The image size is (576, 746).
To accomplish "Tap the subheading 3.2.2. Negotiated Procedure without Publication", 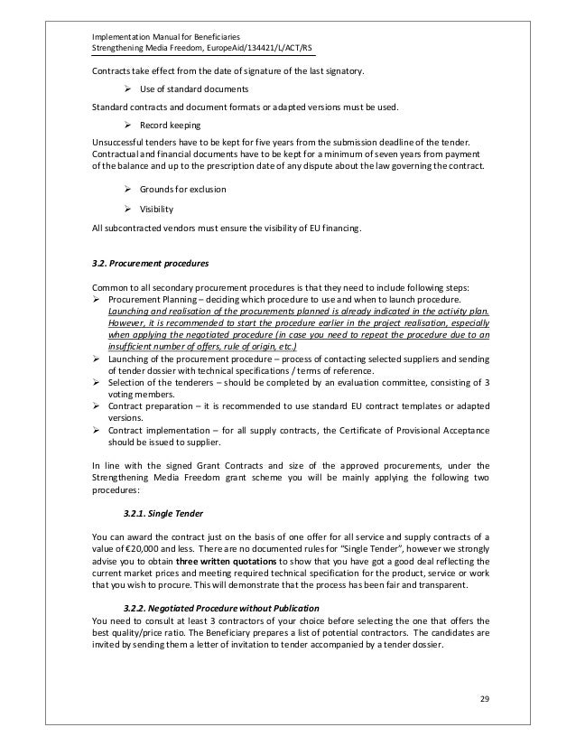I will click(x=218, y=606).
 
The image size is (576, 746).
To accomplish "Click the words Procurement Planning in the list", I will click(x=149, y=299).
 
